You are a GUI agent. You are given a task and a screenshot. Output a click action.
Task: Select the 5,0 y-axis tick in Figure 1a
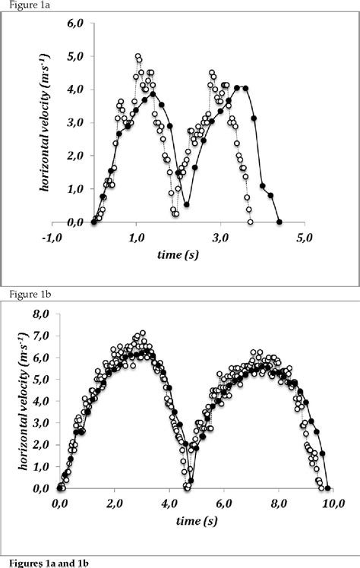tap(74, 56)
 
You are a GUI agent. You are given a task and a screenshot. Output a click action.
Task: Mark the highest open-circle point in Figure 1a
tap(137, 56)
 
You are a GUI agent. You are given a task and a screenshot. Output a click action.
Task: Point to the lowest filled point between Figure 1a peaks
tap(186, 204)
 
